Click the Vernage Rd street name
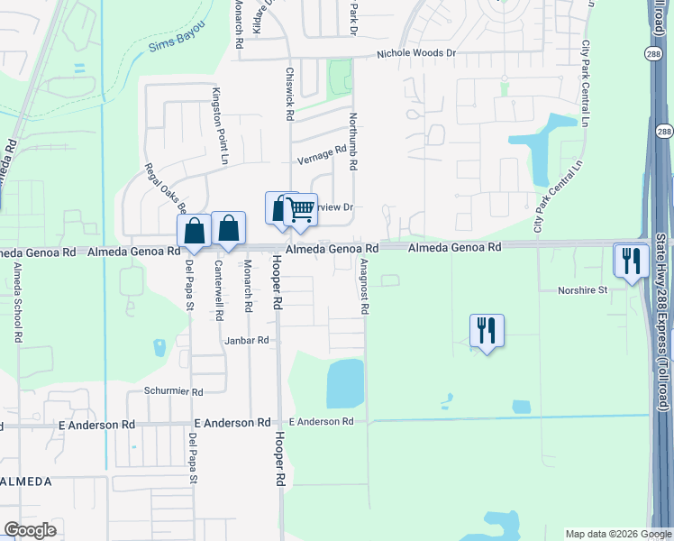tap(322, 154)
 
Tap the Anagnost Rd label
tap(364, 287)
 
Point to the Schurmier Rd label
tap(174, 392)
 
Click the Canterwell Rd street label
tap(219, 291)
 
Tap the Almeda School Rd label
tap(16, 303)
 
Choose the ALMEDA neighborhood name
tap(26, 482)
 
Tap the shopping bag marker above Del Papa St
tap(195, 231)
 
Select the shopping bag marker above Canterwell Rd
tap(229, 229)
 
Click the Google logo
tap(30, 530)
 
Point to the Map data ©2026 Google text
tap(617, 534)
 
